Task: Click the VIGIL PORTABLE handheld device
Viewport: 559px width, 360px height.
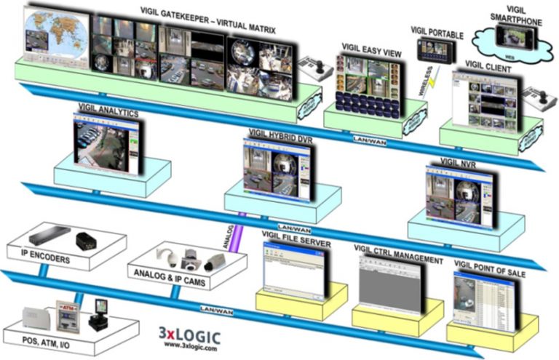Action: click(x=431, y=49)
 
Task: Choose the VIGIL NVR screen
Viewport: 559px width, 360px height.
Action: click(x=454, y=190)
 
